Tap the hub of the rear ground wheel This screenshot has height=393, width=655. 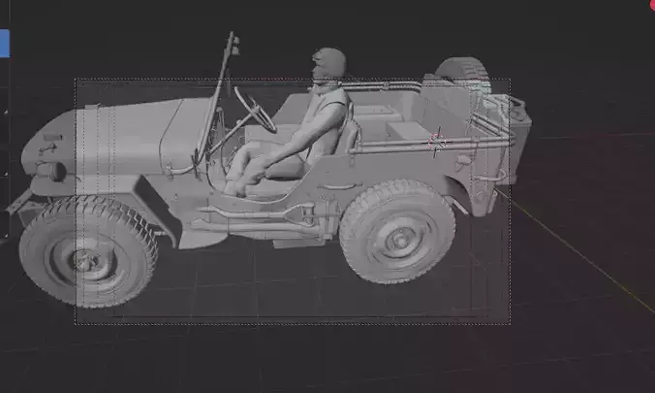(x=397, y=238)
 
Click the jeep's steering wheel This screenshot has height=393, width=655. (x=255, y=108)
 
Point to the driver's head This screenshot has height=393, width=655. (x=327, y=65)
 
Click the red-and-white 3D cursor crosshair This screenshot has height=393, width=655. (x=437, y=140)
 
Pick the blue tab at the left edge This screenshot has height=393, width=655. (x=4, y=42)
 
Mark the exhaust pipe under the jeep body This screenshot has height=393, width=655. (x=252, y=212)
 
